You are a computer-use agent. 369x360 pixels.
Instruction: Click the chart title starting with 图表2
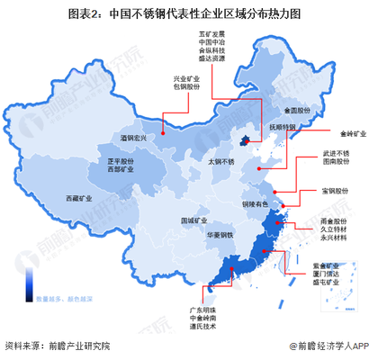[x=185, y=14]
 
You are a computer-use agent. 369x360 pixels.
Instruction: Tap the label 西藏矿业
[x=78, y=198]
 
